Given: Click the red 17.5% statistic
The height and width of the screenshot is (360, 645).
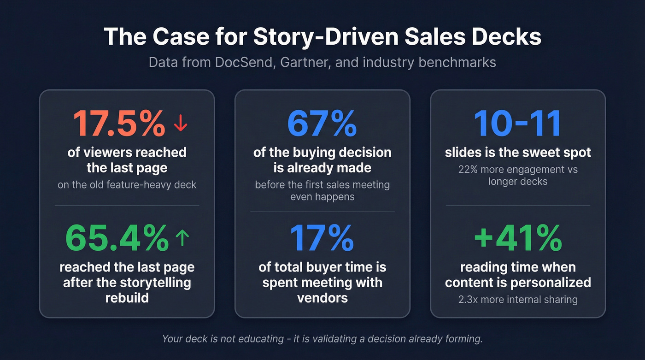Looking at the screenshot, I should (119, 124).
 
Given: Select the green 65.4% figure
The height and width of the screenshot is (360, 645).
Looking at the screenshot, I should (117, 238).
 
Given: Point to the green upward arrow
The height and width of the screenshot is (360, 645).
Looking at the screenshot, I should (182, 238).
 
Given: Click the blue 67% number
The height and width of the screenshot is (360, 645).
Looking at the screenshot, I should (322, 124).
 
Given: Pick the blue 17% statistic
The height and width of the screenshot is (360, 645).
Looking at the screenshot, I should (322, 238).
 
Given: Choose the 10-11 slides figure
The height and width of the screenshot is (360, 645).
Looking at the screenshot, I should (517, 124).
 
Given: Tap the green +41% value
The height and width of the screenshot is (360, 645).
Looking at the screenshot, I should (518, 238).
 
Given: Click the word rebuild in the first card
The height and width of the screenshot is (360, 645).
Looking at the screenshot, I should (127, 297).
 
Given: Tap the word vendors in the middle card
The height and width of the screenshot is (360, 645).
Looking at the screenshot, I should (322, 297).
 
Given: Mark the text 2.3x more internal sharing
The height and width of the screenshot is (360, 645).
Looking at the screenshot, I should (518, 300).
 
